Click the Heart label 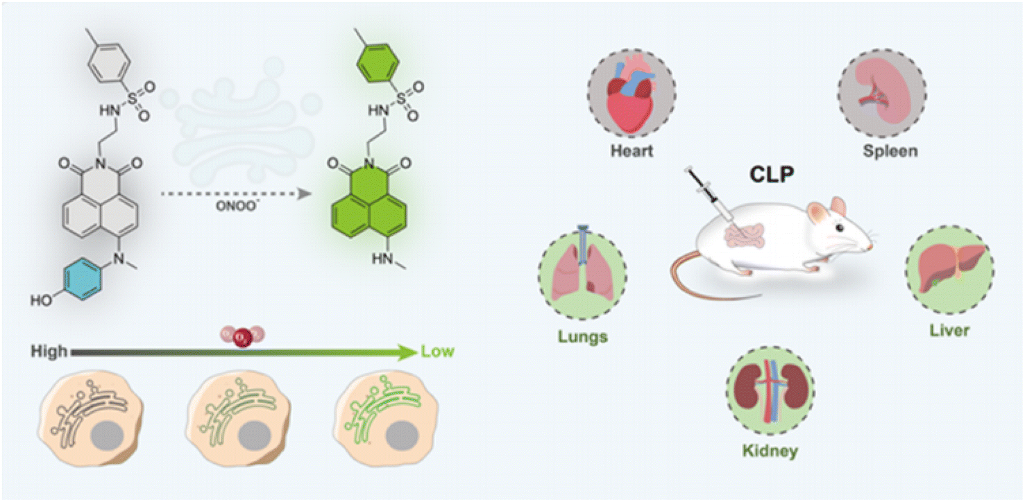click(x=632, y=150)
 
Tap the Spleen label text click(x=890, y=150)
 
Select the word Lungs click(x=582, y=336)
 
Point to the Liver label click(x=949, y=330)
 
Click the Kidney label click(x=770, y=451)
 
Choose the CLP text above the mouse click(x=772, y=174)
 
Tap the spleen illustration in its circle click(x=882, y=93)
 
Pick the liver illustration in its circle click(x=950, y=270)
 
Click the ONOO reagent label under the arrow click(x=236, y=206)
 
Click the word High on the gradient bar click(x=49, y=351)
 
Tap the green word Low click(x=437, y=351)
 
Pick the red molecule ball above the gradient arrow click(x=243, y=338)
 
